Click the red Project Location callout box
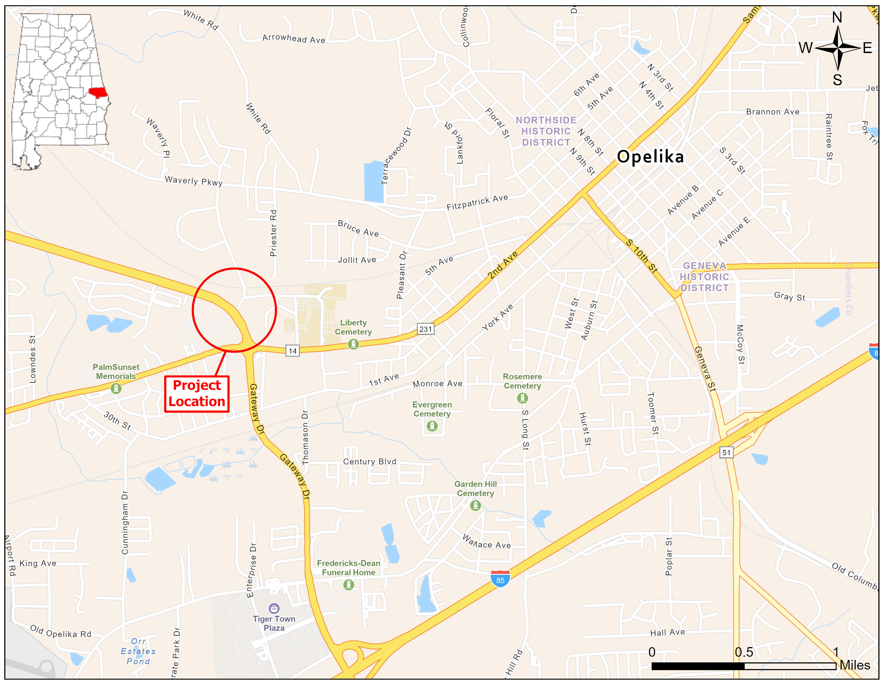[197, 394]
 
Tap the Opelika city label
[650, 157]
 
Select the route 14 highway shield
[293, 351]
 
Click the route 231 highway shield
[425, 329]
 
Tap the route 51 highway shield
[726, 452]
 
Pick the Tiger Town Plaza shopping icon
[274, 608]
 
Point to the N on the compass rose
[837, 18]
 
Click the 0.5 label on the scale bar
[744, 652]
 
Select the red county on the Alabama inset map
[98, 93]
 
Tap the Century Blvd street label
[370, 462]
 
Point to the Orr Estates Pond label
[138, 651]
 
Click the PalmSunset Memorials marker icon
[116, 388]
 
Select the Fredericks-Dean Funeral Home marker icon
[349, 585]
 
